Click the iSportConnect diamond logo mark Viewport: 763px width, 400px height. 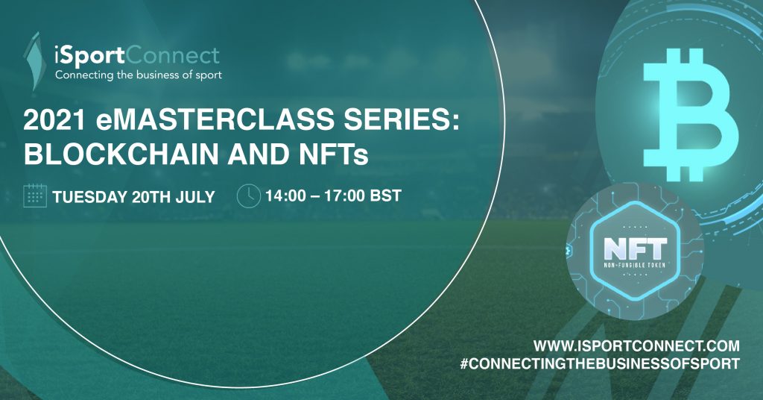[x=34, y=61]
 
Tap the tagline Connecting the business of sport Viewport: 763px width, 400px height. [x=138, y=75]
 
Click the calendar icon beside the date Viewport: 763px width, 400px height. [x=35, y=196]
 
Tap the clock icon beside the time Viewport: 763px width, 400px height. [x=249, y=196]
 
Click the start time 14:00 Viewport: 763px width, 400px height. [x=285, y=196]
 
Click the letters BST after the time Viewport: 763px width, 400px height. [x=386, y=196]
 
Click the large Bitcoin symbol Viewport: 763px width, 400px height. [x=691, y=114]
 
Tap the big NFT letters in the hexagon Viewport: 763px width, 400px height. [x=635, y=249]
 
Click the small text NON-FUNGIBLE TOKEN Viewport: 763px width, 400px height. [x=635, y=265]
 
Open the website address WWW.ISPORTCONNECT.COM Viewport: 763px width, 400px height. [x=636, y=346]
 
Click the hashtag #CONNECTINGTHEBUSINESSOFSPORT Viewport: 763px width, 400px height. [x=600, y=363]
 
